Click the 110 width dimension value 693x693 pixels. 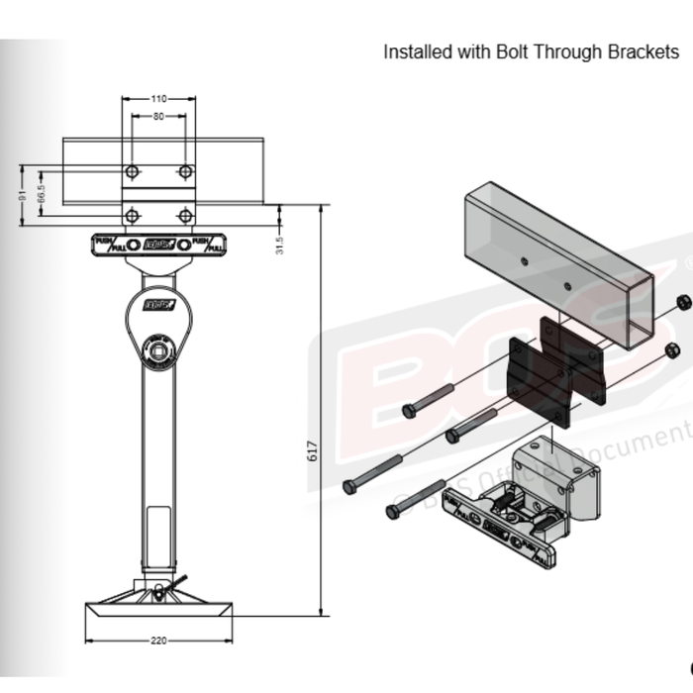tap(159, 99)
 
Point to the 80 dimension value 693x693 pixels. tap(159, 117)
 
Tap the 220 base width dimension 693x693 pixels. tap(159, 641)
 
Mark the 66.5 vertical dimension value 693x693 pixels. tap(41, 193)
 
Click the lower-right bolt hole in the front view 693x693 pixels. tap(185, 214)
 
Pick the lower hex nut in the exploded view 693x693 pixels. tap(670, 349)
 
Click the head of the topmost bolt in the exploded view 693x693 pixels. tap(409, 409)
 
